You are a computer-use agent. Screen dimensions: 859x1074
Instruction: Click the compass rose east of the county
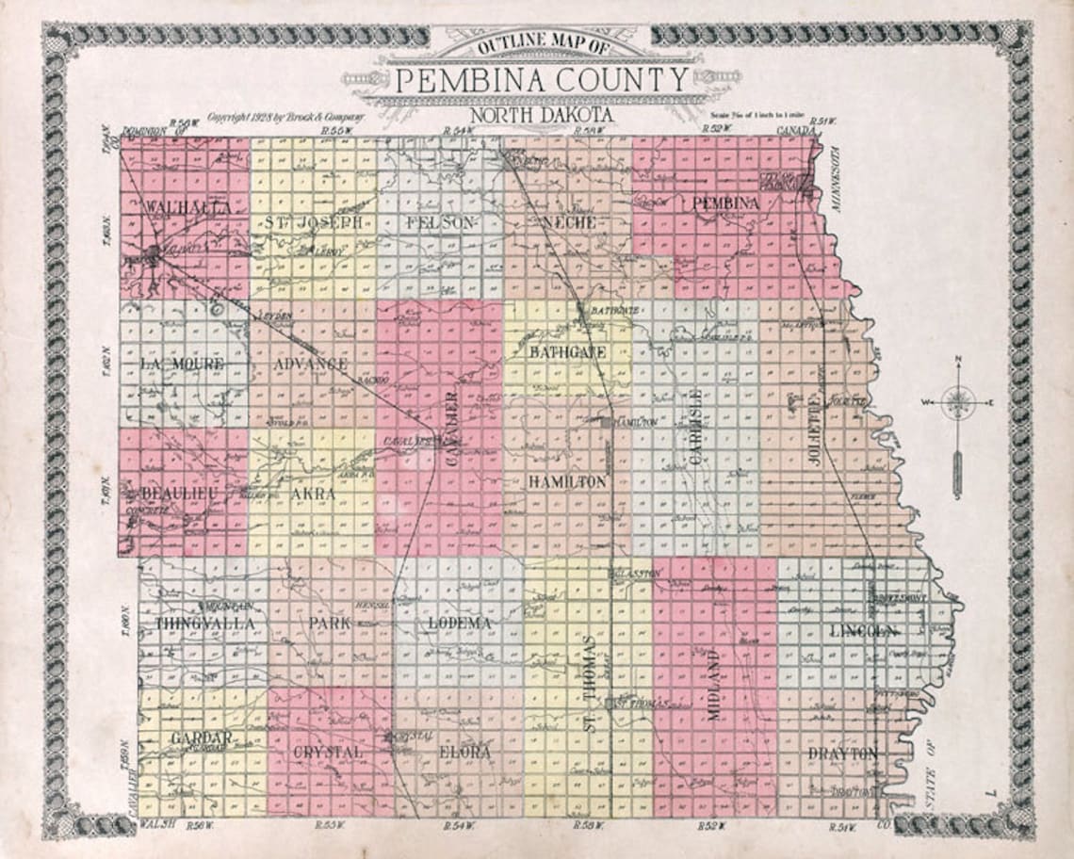coord(957,403)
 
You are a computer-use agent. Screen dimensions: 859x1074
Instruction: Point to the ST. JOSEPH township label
coord(312,223)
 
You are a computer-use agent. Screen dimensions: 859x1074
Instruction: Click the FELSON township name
coord(440,223)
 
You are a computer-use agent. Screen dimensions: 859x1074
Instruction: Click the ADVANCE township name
coord(311,364)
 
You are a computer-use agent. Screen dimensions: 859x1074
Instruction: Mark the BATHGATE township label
coord(566,351)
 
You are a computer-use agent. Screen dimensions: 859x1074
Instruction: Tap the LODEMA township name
coord(460,624)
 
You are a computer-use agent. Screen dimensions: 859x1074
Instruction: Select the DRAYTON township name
coord(842,754)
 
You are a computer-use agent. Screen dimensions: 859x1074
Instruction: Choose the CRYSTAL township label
coord(328,754)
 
